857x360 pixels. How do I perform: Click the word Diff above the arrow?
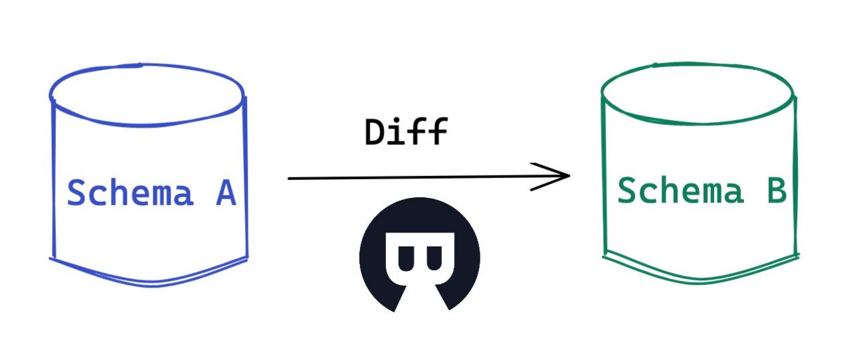point(406,133)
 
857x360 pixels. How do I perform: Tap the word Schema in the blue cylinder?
point(130,193)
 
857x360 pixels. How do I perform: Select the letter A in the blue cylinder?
point(225,193)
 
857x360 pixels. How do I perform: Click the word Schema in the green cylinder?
point(679,191)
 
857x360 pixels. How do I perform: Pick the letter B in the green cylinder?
point(775,191)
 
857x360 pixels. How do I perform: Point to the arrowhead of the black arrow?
point(566,176)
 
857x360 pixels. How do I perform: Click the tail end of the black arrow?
point(290,178)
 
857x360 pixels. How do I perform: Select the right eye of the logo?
point(435,256)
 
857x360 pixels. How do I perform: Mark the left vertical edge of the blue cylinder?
point(53,179)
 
